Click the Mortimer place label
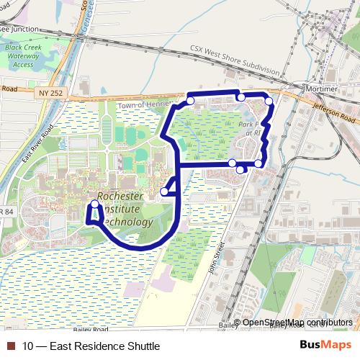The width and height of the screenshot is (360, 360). [x=322, y=88]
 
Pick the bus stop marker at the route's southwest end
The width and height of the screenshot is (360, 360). [x=94, y=205]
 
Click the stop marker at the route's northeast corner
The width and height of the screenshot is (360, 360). [x=269, y=102]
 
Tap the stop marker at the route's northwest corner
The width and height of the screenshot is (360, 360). [x=190, y=101]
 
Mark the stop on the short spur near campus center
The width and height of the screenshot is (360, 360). [x=165, y=192]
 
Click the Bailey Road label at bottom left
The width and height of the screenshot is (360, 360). [x=90, y=329]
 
